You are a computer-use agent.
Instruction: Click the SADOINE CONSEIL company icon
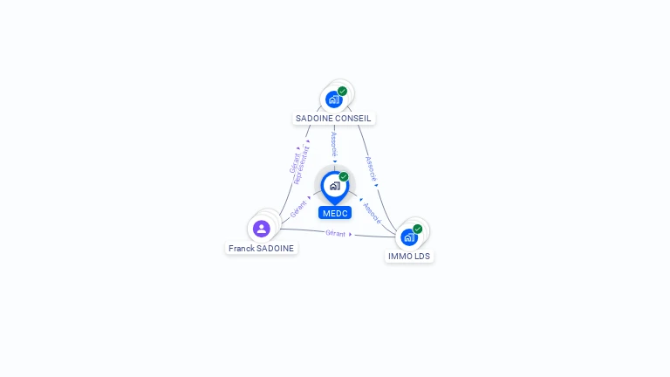click(x=333, y=99)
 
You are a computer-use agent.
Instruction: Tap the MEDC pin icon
click(x=334, y=186)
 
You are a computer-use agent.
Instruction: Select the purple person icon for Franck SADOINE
click(x=261, y=229)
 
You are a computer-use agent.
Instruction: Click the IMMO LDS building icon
click(x=408, y=236)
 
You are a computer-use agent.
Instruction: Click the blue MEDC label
click(x=335, y=213)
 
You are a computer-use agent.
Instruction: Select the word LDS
click(x=422, y=257)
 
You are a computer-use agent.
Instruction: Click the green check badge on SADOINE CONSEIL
click(x=342, y=91)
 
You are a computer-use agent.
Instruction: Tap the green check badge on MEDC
click(x=344, y=176)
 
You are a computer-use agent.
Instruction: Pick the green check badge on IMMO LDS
click(x=418, y=229)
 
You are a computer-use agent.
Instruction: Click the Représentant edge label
click(x=302, y=164)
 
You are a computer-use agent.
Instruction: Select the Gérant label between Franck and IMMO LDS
click(x=336, y=233)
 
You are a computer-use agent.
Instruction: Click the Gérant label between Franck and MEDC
click(x=298, y=209)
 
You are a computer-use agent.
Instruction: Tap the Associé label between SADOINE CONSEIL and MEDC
click(x=334, y=144)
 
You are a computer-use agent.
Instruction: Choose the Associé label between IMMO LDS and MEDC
click(x=372, y=212)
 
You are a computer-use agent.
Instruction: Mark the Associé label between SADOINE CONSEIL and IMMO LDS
click(x=372, y=168)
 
